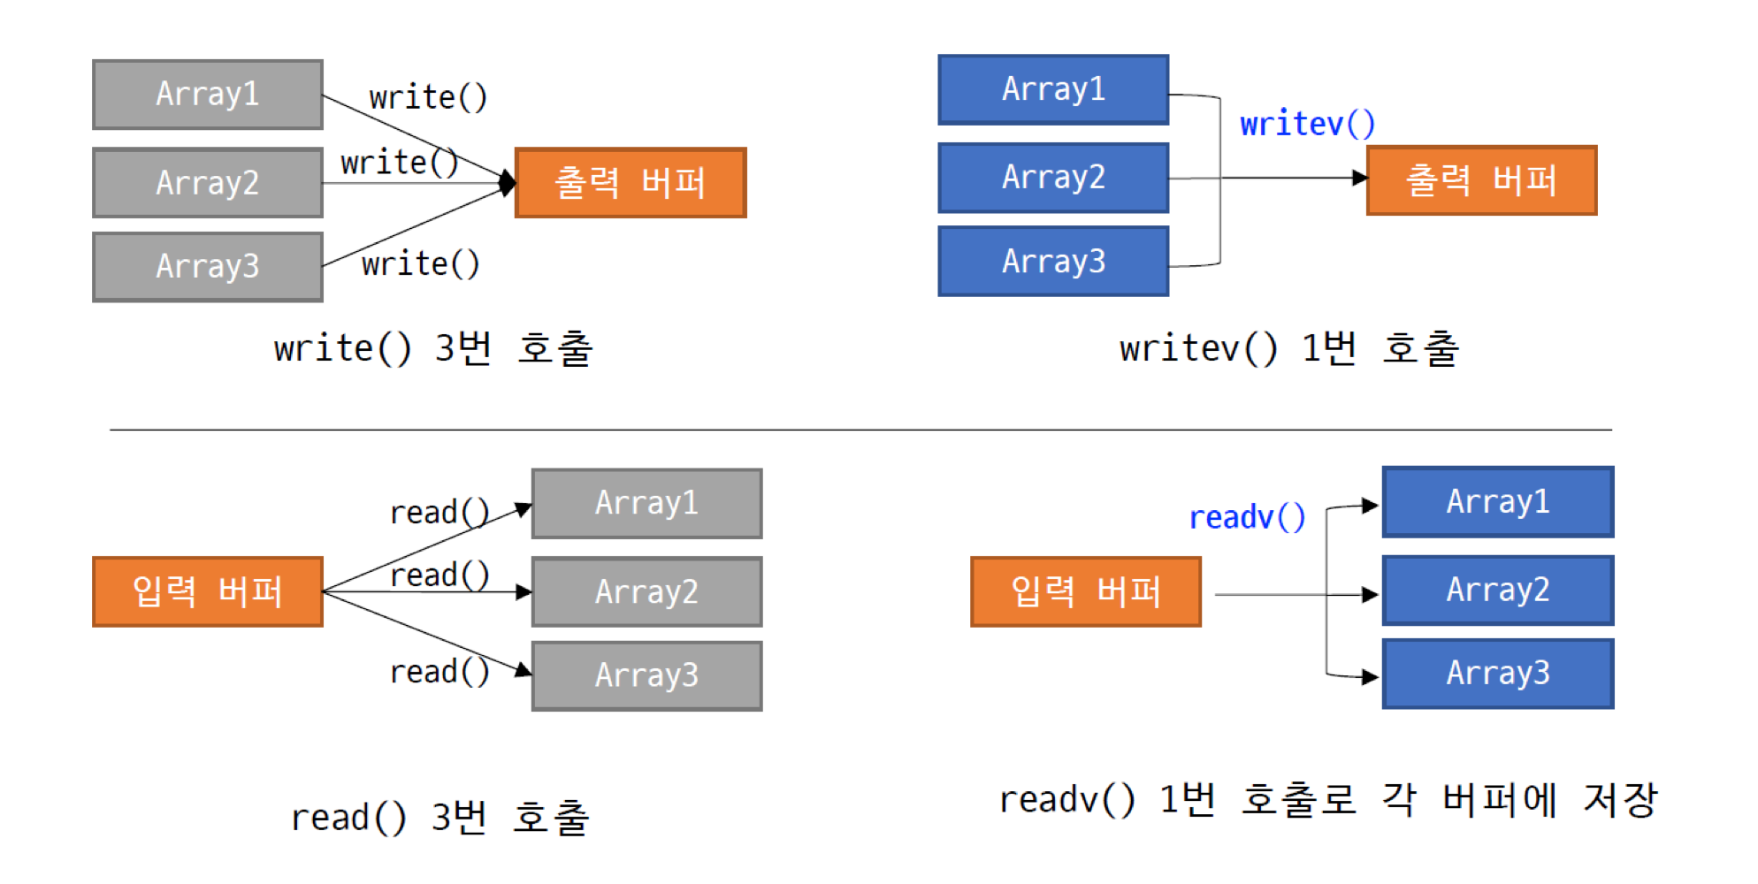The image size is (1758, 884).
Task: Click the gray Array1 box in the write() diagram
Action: coord(208,95)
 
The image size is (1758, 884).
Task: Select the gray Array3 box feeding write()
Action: coord(208,266)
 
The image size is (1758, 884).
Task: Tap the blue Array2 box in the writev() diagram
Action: coord(1053,178)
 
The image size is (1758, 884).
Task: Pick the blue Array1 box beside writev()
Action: coord(1053,89)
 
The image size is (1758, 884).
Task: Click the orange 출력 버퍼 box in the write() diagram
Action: coord(631,183)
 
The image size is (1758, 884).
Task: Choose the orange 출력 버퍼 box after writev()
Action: coord(1481,180)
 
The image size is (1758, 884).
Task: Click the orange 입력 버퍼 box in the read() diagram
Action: coord(208,591)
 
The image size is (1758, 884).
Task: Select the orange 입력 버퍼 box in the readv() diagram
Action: coord(1085,591)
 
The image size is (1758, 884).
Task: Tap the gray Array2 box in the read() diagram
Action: coord(646,591)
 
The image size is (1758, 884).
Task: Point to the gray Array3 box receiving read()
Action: coord(646,675)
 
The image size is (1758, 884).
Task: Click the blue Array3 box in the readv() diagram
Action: coord(1498,674)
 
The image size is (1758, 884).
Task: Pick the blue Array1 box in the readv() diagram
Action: coord(1498,502)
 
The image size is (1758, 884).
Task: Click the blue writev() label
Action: coord(1307,125)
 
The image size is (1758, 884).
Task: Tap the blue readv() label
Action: coord(1247,517)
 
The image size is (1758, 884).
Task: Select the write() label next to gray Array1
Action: coord(428,97)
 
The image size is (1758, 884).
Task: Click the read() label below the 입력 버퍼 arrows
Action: coord(439,672)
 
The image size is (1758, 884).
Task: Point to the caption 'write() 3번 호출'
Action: coord(433,348)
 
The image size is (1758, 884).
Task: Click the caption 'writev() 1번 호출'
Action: coord(1288,348)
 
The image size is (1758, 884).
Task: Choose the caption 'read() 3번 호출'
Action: coord(439,817)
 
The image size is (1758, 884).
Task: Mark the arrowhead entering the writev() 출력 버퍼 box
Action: coord(1360,179)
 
